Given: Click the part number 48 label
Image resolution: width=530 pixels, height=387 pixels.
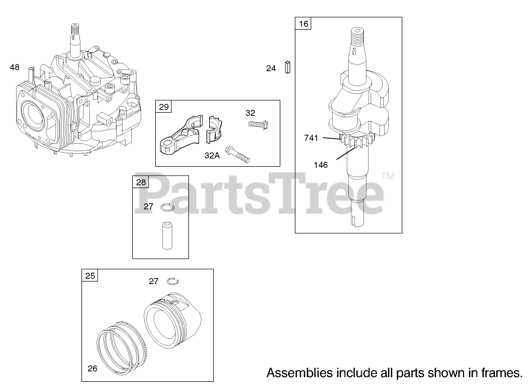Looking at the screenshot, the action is click(x=15, y=67).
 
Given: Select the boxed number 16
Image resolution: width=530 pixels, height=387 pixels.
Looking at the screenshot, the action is click(x=304, y=23).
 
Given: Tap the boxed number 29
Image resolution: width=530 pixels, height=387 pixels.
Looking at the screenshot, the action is click(x=164, y=107).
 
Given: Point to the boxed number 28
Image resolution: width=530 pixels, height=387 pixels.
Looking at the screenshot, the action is click(x=141, y=182).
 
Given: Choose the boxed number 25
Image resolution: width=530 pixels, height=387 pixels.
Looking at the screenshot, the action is click(x=90, y=275).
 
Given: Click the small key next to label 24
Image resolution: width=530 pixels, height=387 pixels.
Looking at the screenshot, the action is click(x=287, y=68).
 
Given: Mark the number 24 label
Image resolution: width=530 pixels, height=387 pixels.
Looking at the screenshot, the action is click(x=271, y=68).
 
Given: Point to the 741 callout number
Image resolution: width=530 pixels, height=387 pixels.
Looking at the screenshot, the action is click(x=311, y=138).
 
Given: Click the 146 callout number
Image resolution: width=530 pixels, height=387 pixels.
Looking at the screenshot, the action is click(x=321, y=165).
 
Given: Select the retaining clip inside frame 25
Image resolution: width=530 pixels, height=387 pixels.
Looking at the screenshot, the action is click(x=173, y=281).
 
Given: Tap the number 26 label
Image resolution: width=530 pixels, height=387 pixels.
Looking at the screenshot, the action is click(x=92, y=369).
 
